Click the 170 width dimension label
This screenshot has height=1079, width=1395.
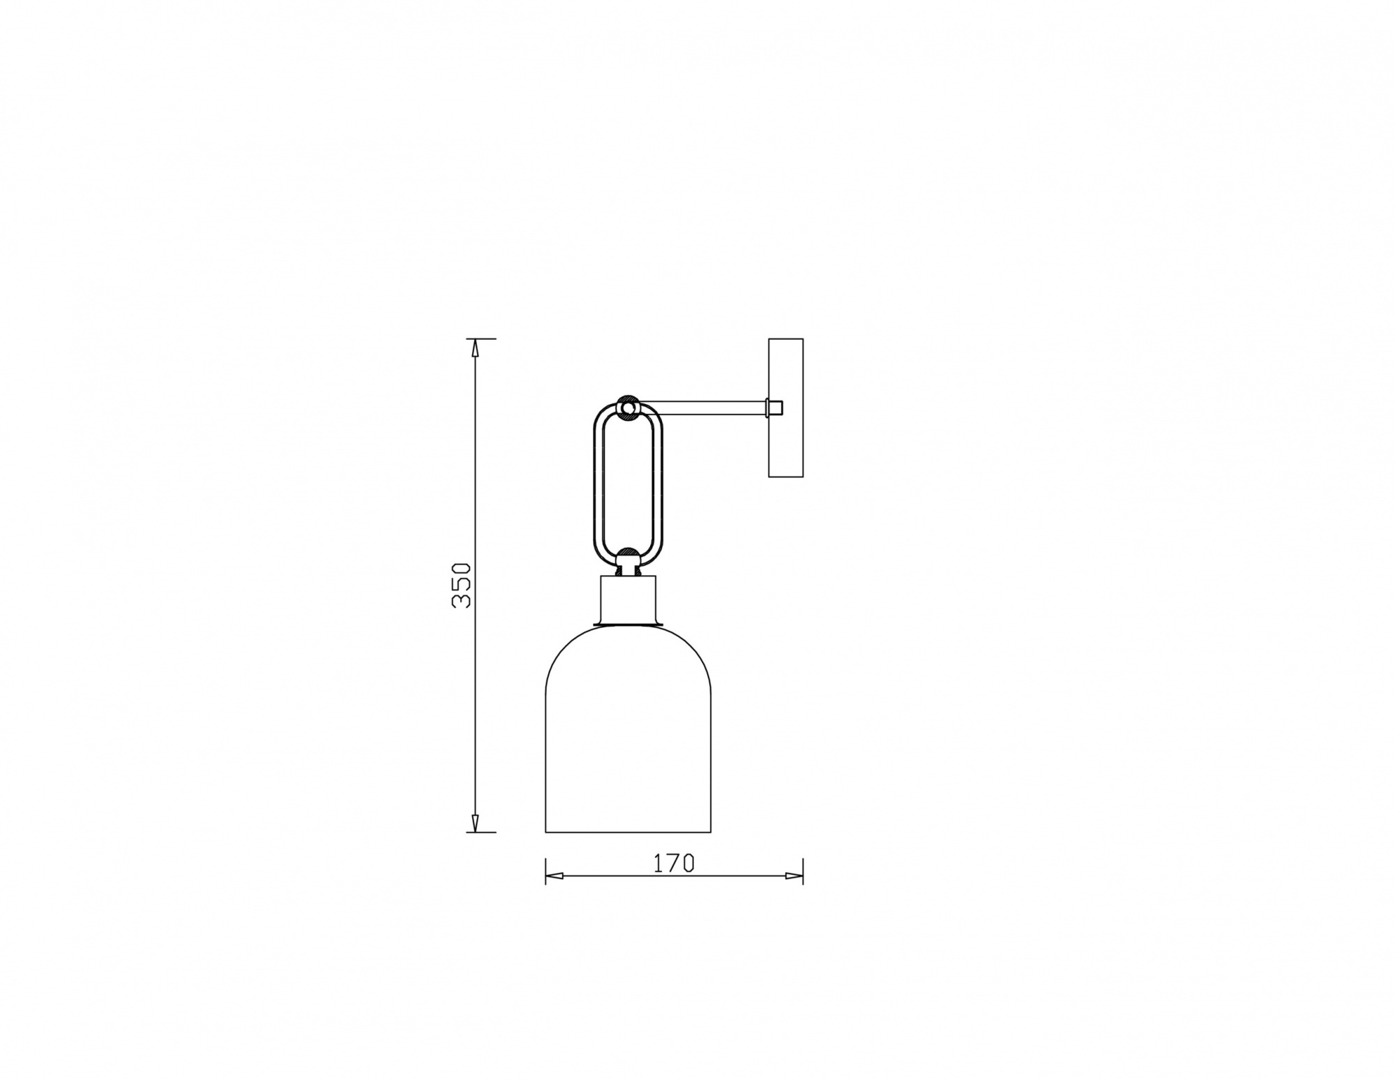[674, 863]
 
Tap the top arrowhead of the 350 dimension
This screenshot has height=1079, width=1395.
[475, 347]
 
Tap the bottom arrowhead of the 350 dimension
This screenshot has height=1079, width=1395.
[475, 824]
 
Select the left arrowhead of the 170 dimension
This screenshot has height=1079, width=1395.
[554, 876]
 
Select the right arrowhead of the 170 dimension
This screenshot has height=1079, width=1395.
[794, 876]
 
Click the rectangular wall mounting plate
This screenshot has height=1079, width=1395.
[785, 408]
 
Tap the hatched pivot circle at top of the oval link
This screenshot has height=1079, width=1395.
[628, 407]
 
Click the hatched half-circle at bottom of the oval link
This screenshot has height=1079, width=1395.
[628, 556]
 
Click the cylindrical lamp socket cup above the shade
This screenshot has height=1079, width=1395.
[628, 599]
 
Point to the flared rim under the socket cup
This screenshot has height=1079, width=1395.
[628, 623]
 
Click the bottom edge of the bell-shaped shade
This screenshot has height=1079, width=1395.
[628, 832]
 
